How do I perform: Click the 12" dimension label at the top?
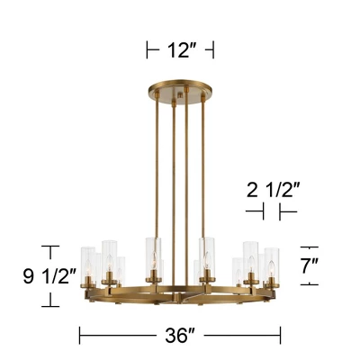tap(180, 50)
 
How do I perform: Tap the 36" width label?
tap(180, 337)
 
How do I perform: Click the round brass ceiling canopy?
tap(180, 90)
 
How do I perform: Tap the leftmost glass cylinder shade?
tap(89, 263)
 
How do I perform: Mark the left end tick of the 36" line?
tap(81, 337)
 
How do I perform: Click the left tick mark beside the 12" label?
tap(148, 50)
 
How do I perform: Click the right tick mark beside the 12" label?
tap(213, 50)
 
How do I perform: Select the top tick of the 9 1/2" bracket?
tap(51, 246)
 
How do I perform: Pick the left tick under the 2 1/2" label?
tap(262, 212)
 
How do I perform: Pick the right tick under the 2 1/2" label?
tap(281, 212)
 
